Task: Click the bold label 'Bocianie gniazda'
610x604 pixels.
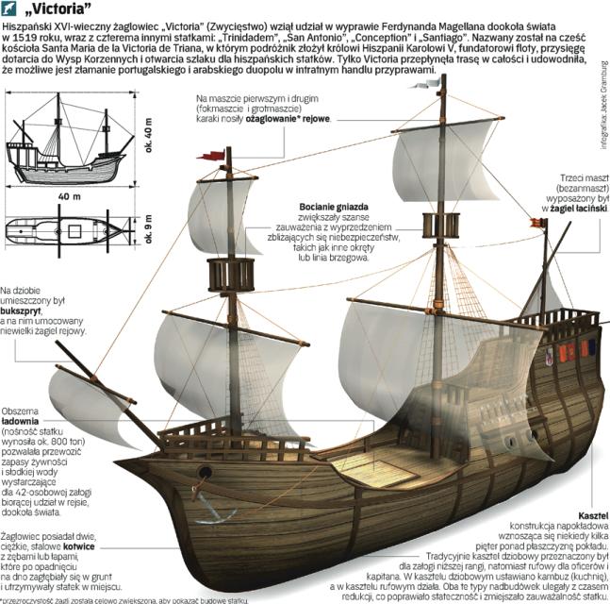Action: pos(334,205)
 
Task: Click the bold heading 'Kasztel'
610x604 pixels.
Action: pos(590,511)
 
